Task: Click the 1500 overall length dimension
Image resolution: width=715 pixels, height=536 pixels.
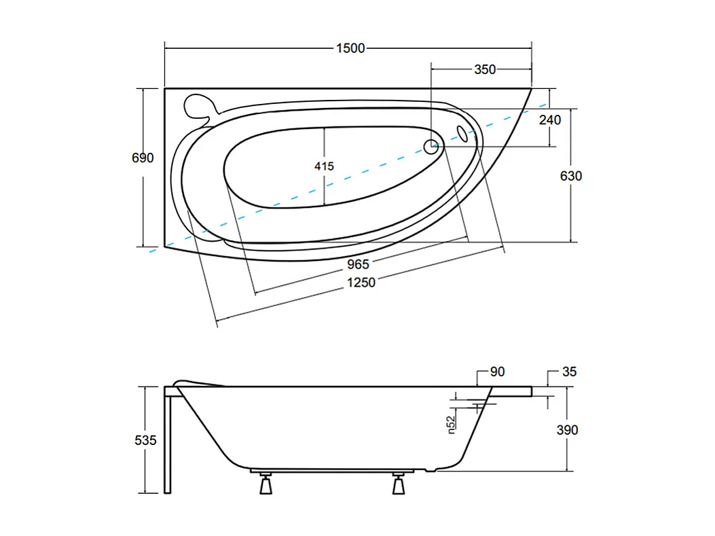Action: coord(350,48)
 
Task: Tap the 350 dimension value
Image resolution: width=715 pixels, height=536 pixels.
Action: coord(485,69)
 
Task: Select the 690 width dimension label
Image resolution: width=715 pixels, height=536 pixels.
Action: coord(143,158)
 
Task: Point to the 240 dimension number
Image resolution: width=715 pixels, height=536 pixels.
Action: coord(549,120)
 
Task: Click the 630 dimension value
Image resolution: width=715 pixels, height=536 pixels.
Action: coord(571,176)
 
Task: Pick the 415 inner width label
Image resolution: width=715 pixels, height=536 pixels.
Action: coord(324,166)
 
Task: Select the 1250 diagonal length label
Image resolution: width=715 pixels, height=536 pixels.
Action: coord(360,282)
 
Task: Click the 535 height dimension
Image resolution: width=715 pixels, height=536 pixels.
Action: coord(145,440)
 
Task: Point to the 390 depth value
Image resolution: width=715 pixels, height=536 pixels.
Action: coord(567,429)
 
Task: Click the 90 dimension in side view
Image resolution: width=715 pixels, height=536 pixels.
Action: coord(497,372)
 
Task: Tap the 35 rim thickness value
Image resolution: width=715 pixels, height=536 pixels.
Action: coord(569,372)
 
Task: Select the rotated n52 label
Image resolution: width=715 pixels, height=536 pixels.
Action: coord(451,424)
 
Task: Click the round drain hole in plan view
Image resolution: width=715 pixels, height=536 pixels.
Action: coord(431,145)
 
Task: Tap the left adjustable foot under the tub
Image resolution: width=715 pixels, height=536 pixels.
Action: coord(264,485)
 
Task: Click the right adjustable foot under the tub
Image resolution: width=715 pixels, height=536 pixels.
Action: coord(398,485)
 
